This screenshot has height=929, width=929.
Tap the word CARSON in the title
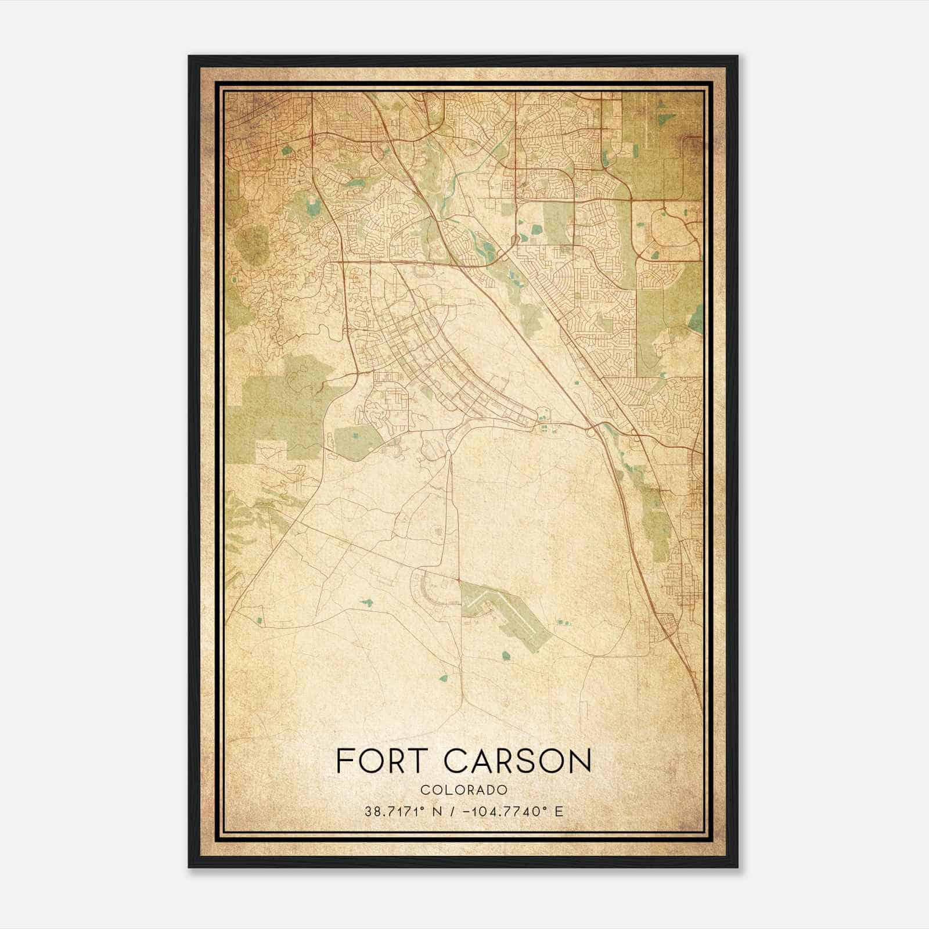[518, 761]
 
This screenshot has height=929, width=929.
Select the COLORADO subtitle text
[464, 790]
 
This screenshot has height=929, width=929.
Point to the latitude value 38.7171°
[397, 811]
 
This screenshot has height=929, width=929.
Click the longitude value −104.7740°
[502, 811]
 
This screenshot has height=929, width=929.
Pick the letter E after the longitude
[559, 811]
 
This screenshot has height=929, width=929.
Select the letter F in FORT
[344, 761]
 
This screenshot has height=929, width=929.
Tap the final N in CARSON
[581, 761]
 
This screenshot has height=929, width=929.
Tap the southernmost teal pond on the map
[444, 678]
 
